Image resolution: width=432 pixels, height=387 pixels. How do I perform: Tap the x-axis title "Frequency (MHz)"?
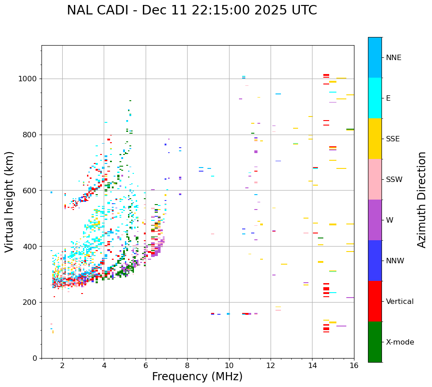(x=197, y=377)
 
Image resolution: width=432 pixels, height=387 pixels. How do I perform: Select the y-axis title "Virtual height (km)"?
(x=9, y=201)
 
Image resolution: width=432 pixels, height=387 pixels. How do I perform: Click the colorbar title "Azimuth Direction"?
(x=422, y=200)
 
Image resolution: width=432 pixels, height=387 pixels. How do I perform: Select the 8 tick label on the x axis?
(x=187, y=365)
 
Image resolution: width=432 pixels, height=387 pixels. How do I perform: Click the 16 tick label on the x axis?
(x=354, y=365)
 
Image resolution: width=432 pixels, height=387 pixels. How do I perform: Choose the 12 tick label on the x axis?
(x=271, y=365)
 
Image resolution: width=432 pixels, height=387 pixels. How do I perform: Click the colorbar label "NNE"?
(x=393, y=58)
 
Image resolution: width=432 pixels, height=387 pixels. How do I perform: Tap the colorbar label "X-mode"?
(x=400, y=342)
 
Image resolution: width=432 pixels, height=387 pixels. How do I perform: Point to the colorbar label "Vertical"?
(x=400, y=302)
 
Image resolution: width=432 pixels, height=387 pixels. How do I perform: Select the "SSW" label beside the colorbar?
(x=394, y=180)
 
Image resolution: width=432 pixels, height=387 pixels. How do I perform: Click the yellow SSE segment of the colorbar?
(x=375, y=139)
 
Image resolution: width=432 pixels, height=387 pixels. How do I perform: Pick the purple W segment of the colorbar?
(x=375, y=220)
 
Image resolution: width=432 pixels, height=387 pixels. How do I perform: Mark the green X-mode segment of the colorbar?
(x=375, y=342)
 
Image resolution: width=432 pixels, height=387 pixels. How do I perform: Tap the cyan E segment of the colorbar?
(x=375, y=98)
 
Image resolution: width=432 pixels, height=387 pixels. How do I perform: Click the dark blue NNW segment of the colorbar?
(x=375, y=261)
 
